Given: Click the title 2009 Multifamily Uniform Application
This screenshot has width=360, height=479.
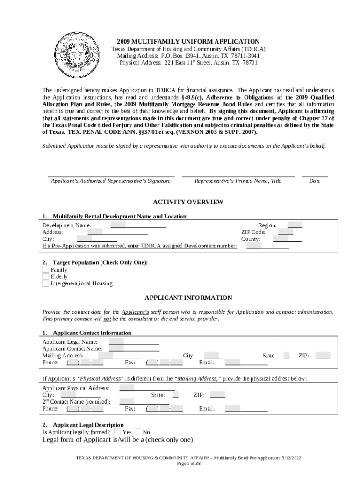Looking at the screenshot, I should coord(188,42).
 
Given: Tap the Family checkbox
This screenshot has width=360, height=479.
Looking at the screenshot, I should coord(45,270).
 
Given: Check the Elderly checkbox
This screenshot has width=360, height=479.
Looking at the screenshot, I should coord(45,276).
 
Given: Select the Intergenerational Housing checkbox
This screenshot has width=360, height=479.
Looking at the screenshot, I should coord(45,283).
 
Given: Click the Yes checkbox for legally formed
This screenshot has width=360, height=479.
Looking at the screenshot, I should coord(118,432).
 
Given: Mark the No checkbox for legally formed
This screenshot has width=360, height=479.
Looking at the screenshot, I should coord(138,432).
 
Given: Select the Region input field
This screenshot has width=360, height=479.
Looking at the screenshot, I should coord(295,225).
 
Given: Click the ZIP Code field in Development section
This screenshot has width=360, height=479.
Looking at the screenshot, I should coord(285,232).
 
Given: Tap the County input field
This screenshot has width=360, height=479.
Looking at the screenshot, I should coord(287,239).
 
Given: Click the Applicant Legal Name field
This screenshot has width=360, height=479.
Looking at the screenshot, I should coord(134,341).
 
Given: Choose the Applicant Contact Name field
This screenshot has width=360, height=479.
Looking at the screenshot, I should coord(134,348).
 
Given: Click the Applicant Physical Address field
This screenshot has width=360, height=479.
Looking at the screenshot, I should coord(147,388).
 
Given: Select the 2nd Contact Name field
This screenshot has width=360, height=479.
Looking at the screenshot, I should coord(144,401).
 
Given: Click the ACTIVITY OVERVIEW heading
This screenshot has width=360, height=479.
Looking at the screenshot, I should coord(188,202).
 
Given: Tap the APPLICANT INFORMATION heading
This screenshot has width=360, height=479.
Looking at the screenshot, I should coord(188,298).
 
